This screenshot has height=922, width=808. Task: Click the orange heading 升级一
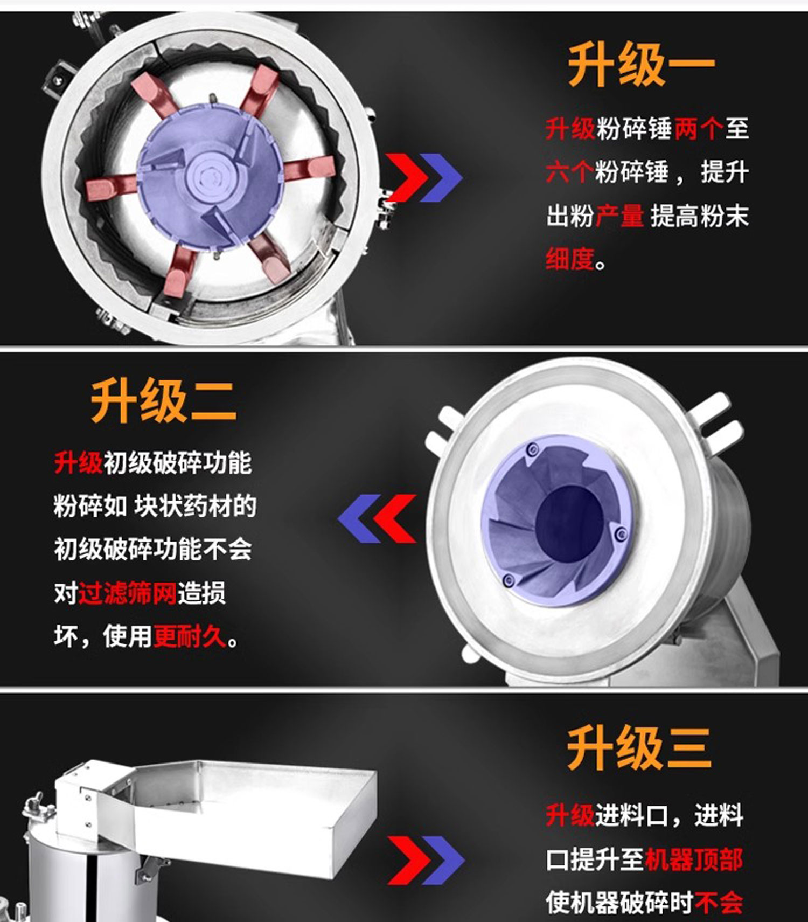(641, 65)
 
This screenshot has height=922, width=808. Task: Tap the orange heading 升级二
(163, 401)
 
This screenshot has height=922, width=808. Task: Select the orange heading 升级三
(639, 747)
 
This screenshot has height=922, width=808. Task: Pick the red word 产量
(619, 216)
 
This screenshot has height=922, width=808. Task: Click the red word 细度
(570, 259)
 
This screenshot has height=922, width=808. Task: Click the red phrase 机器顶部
(693, 859)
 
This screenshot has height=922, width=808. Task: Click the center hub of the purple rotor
(210, 175)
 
